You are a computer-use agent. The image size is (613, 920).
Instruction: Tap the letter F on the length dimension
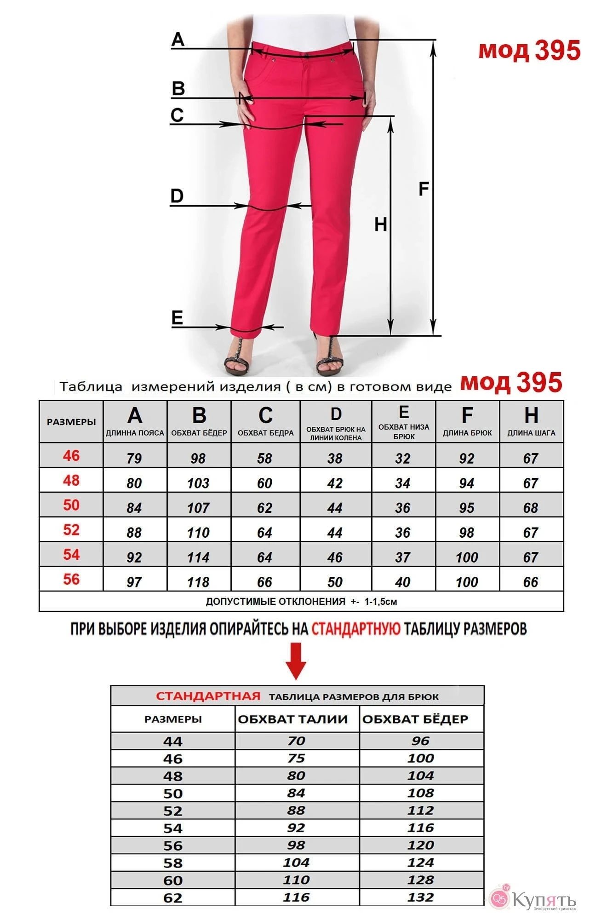[424, 189]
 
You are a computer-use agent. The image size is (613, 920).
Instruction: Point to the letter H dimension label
[380, 224]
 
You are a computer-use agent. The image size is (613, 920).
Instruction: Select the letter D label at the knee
[177, 196]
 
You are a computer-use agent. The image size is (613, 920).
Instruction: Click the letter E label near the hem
[177, 318]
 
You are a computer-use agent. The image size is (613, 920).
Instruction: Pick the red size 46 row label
[71, 456]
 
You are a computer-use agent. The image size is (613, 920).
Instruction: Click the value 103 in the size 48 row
[198, 483]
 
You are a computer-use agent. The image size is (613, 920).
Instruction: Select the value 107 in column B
[198, 508]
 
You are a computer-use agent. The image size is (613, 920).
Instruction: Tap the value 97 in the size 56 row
[134, 582]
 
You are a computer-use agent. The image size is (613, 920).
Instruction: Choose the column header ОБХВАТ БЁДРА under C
[265, 433]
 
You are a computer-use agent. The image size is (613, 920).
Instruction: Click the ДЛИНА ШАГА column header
[531, 433]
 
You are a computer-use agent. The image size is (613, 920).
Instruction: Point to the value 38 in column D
[335, 458]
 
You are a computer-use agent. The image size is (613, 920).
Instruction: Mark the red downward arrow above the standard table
[296, 661]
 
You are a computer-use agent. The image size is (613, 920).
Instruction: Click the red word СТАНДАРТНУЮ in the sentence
[356, 628]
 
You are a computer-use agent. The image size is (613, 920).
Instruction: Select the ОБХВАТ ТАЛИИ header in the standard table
[293, 719]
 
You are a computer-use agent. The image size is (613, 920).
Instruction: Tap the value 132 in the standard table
[420, 897]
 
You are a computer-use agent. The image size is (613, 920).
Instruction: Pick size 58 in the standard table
[173, 863]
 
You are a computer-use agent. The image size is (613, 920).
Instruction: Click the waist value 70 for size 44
[296, 741]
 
